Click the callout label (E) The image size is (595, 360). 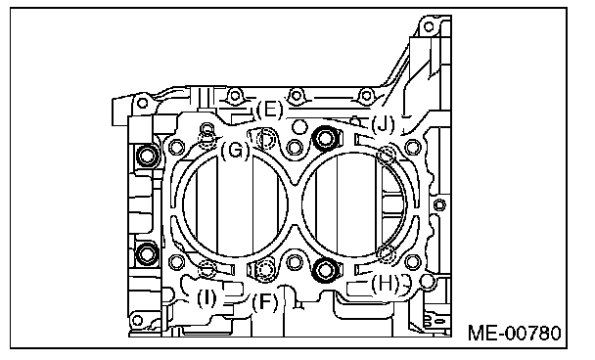pyautogui.click(x=270, y=110)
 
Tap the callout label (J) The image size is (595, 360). pyautogui.click(x=383, y=124)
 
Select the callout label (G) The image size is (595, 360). pyautogui.click(x=236, y=151)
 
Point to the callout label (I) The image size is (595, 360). pyautogui.click(x=206, y=298)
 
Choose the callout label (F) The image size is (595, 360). pyautogui.click(x=265, y=302)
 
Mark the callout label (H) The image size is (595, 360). pyautogui.click(x=386, y=284)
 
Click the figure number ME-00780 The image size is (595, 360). pyautogui.click(x=514, y=334)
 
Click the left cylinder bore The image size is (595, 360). pyautogui.click(x=235, y=205)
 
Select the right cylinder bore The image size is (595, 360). pyautogui.click(x=354, y=205)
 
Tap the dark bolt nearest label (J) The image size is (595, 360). pyautogui.click(x=325, y=138)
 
